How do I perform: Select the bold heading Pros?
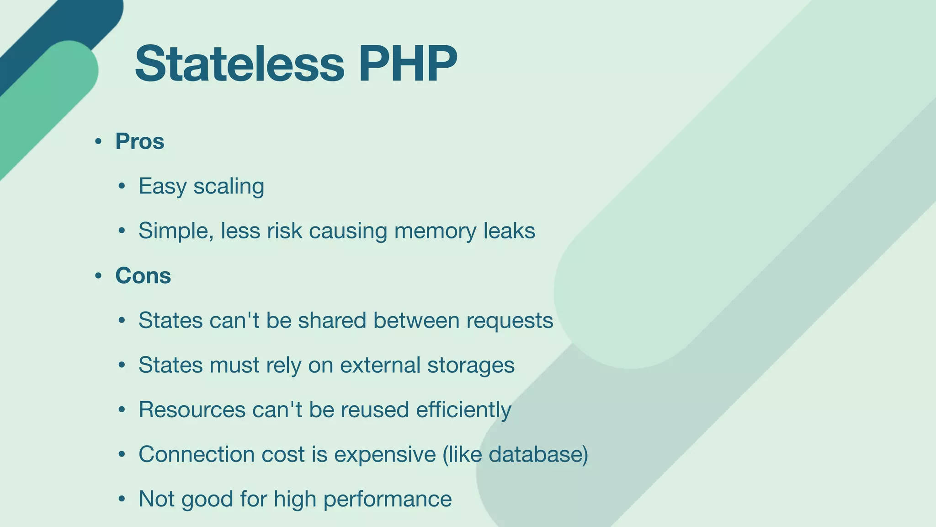click(139, 141)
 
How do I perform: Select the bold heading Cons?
click(143, 276)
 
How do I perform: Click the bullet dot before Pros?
click(98, 142)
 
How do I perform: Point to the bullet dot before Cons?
click(98, 276)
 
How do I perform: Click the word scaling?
click(229, 187)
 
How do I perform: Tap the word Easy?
click(162, 187)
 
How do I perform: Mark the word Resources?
click(192, 409)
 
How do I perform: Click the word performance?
click(388, 499)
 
